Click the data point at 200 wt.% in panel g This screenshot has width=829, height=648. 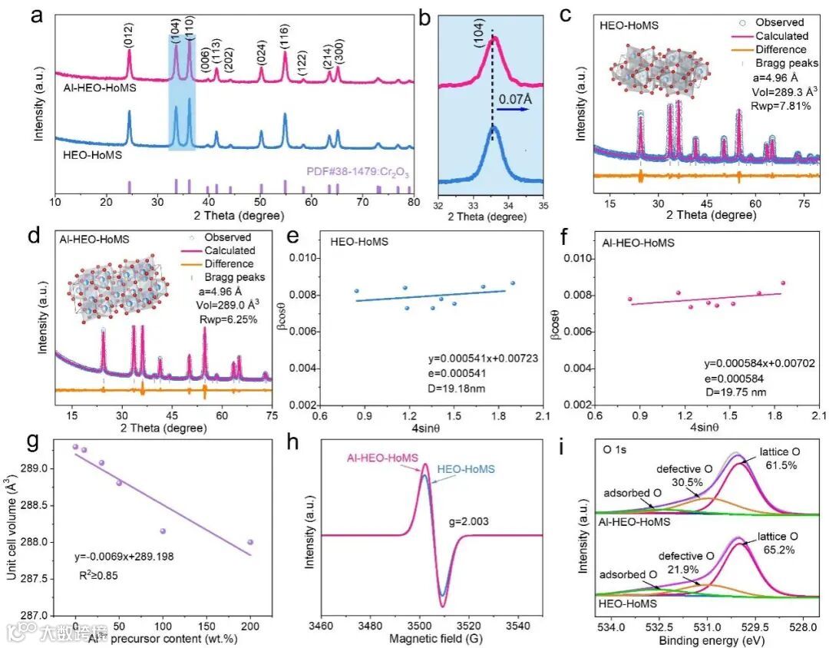click(x=250, y=542)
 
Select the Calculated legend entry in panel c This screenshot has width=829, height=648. click(x=781, y=35)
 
